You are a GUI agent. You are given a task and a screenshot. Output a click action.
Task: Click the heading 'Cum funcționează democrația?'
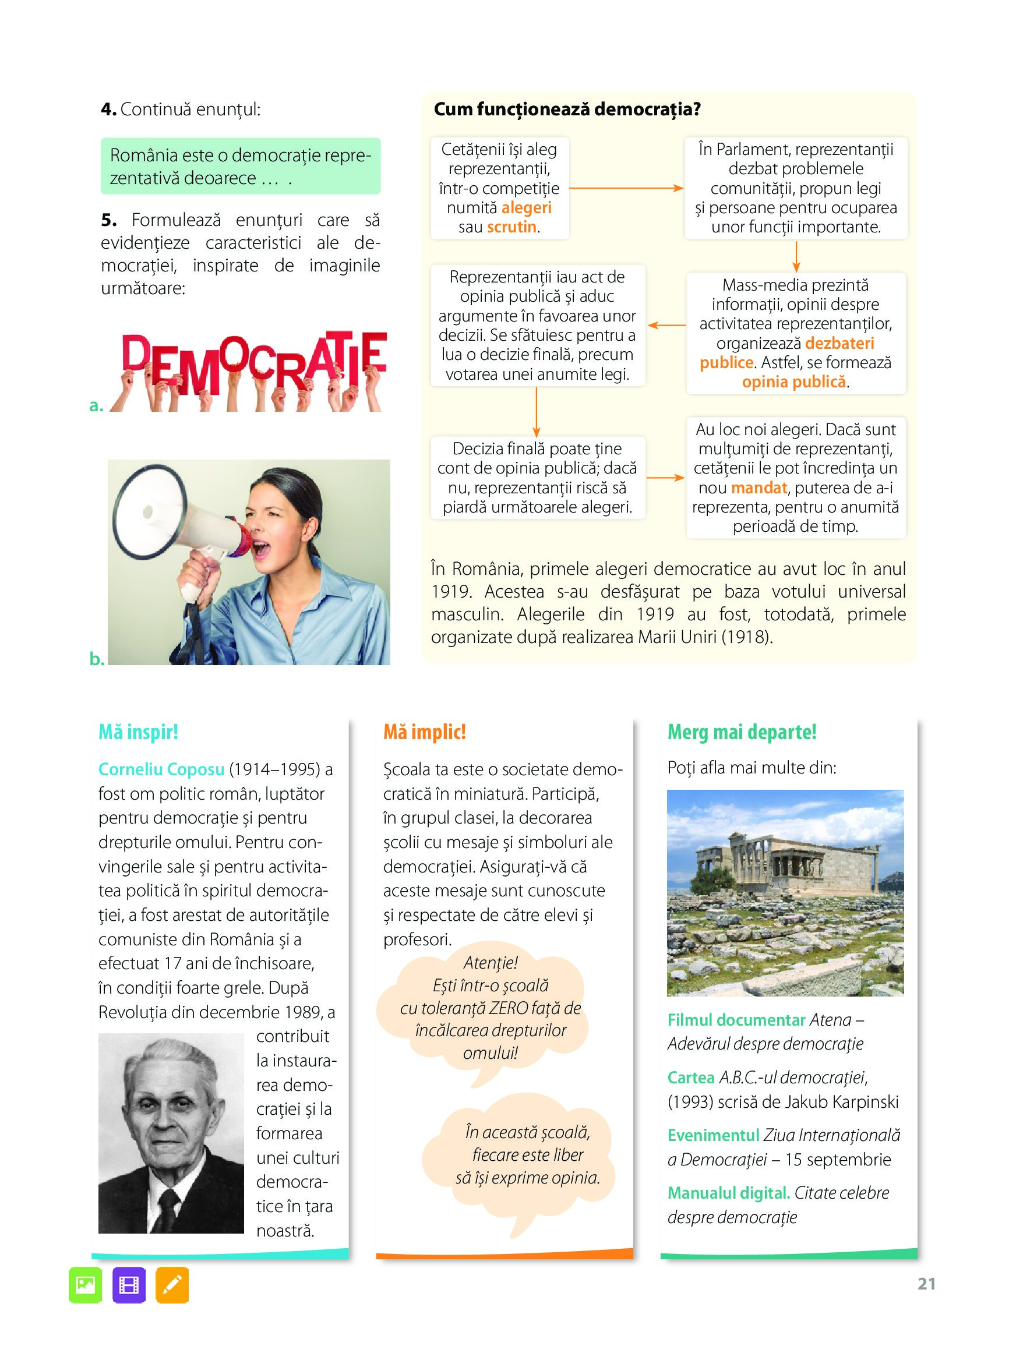[x=567, y=109]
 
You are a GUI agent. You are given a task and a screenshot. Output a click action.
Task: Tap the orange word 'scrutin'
[x=512, y=227]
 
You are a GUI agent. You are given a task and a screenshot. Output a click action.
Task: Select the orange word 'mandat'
[x=758, y=487]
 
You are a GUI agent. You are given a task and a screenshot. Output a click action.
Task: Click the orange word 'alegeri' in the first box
[x=526, y=207]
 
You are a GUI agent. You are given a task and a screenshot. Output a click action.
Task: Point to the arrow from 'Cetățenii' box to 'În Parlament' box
[x=626, y=188]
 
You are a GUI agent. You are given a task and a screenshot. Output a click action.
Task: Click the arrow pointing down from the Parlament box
[x=796, y=256]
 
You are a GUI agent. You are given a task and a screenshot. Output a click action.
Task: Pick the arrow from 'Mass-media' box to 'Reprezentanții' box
[x=666, y=326]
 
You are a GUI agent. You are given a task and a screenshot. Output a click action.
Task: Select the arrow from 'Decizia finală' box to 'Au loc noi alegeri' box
[x=665, y=478]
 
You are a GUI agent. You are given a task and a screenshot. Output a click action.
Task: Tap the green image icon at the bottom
[x=86, y=1285]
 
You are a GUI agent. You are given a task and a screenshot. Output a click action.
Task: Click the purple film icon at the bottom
[x=129, y=1285]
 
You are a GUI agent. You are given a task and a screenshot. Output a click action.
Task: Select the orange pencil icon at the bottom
[x=172, y=1285]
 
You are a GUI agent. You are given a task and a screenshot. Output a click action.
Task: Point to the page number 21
[x=926, y=1284]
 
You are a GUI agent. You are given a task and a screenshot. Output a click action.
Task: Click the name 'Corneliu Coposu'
[x=161, y=769]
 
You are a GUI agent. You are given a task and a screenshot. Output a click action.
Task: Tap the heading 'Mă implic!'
[x=425, y=732]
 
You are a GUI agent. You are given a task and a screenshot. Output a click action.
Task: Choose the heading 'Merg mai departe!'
[x=742, y=732]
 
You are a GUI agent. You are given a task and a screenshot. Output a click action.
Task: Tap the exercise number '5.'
[x=109, y=220]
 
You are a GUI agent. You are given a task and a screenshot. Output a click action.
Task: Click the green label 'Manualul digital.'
[x=729, y=1192]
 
